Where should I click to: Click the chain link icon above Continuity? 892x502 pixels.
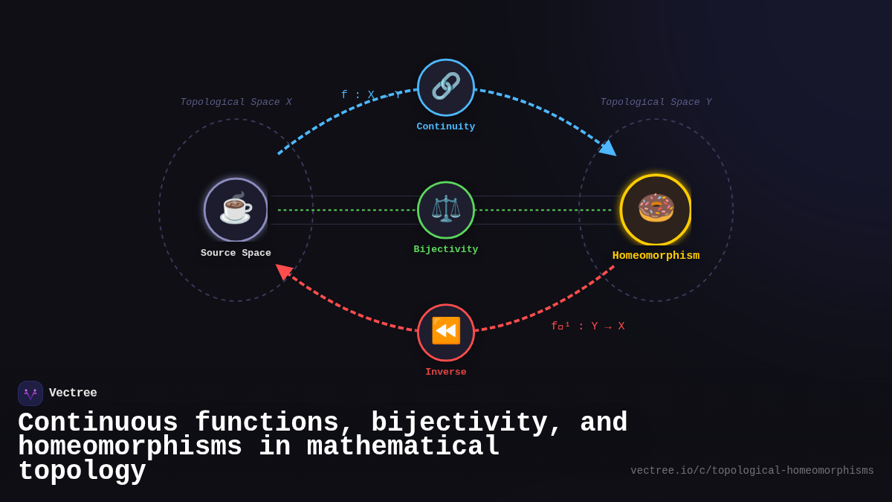[446, 87]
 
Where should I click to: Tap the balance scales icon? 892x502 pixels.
[446, 210]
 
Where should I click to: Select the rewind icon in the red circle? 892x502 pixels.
[446, 332]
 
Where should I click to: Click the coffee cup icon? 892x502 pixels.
[236, 209]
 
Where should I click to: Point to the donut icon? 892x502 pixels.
[656, 208]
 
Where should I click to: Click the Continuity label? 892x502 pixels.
[446, 127]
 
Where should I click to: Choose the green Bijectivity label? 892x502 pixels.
[446, 250]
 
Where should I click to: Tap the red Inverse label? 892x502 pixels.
[446, 373]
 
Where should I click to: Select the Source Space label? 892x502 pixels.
[236, 254]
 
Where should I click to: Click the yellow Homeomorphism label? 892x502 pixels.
[656, 256]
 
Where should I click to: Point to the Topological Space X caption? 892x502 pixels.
[236, 103]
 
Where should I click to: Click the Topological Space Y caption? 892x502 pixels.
[656, 103]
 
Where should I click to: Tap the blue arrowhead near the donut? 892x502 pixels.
[609, 148]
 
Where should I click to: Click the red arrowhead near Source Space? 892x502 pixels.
[283, 271]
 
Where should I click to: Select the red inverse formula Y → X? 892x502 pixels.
[587, 326]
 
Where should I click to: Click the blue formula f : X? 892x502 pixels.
[358, 95]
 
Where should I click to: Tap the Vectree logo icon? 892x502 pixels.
[30, 393]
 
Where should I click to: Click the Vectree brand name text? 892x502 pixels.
[73, 393]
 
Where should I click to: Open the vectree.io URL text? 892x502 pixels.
[752, 471]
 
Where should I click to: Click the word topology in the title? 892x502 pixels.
[82, 472]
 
